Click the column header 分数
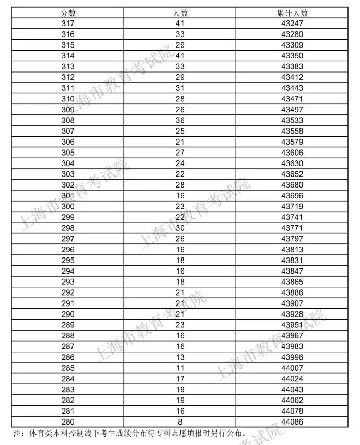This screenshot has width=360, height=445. (68, 13)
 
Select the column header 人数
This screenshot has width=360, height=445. (180, 13)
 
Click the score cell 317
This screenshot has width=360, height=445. (68, 24)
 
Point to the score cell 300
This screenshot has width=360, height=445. (68, 206)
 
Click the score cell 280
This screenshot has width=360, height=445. (68, 421)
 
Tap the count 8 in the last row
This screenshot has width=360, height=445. (180, 421)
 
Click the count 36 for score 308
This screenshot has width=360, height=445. (180, 120)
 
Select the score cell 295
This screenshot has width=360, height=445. (68, 260)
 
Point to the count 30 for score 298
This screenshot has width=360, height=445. (180, 228)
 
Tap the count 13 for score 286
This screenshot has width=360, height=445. (180, 357)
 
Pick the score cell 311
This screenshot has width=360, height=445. (68, 88)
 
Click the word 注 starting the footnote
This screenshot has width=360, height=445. (16, 433)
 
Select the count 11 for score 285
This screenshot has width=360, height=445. (180, 368)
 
